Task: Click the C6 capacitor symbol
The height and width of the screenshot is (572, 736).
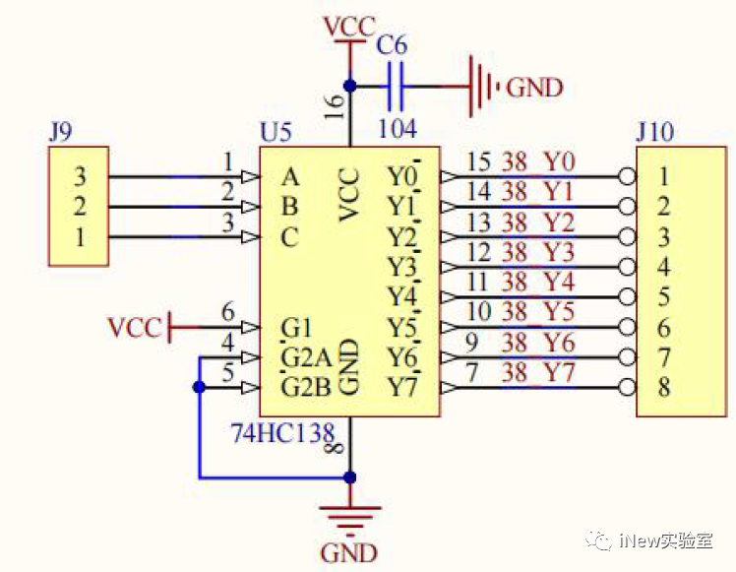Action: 397,87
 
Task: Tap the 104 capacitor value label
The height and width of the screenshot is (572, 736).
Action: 398,128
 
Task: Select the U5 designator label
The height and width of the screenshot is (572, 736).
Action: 276,133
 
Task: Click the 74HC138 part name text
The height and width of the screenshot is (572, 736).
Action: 283,433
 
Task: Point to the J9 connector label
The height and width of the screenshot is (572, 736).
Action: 61,132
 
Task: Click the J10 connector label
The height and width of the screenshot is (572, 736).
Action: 655,132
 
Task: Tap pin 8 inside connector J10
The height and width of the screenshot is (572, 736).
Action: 663,388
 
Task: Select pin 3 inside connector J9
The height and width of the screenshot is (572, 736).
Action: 81,176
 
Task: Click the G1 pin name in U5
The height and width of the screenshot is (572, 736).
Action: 296,327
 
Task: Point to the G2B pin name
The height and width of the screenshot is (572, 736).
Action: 306,388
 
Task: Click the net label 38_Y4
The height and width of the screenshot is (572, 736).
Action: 538,282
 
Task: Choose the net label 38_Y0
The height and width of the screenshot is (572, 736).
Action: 538,162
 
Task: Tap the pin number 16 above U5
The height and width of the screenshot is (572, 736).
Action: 335,106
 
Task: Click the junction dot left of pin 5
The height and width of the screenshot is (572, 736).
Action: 199,388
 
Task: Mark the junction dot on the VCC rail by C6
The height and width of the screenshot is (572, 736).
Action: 349,87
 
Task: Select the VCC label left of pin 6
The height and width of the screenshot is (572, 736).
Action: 134,327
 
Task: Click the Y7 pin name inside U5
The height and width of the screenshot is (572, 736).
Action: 402,388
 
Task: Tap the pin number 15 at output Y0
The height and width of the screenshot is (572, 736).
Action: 478,162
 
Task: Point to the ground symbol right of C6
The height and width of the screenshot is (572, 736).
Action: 482,87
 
